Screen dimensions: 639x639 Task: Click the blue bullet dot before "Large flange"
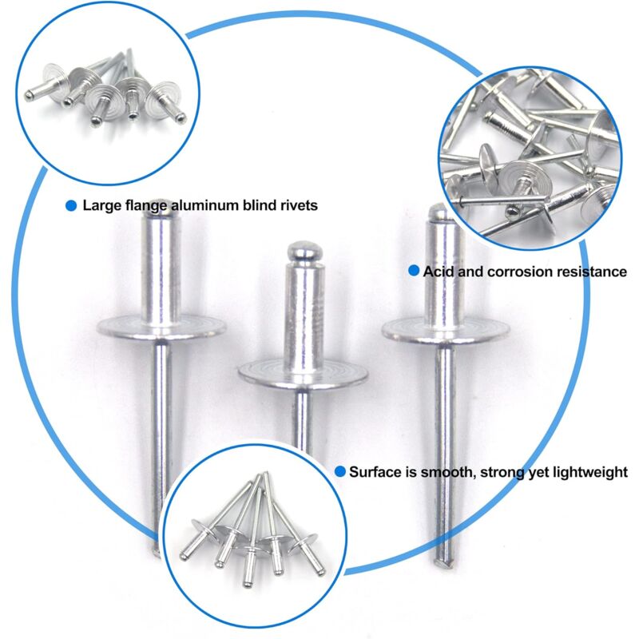tap(71, 206)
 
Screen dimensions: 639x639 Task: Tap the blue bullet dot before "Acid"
tap(414, 271)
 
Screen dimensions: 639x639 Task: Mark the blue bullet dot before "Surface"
tap(340, 471)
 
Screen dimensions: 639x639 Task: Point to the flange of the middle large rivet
tap(303, 374)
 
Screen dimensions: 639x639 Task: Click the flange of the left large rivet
tap(161, 327)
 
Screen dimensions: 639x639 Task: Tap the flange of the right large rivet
tap(446, 330)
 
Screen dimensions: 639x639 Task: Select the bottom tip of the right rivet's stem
tap(444, 565)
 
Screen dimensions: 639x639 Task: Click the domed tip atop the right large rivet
tap(439, 212)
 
